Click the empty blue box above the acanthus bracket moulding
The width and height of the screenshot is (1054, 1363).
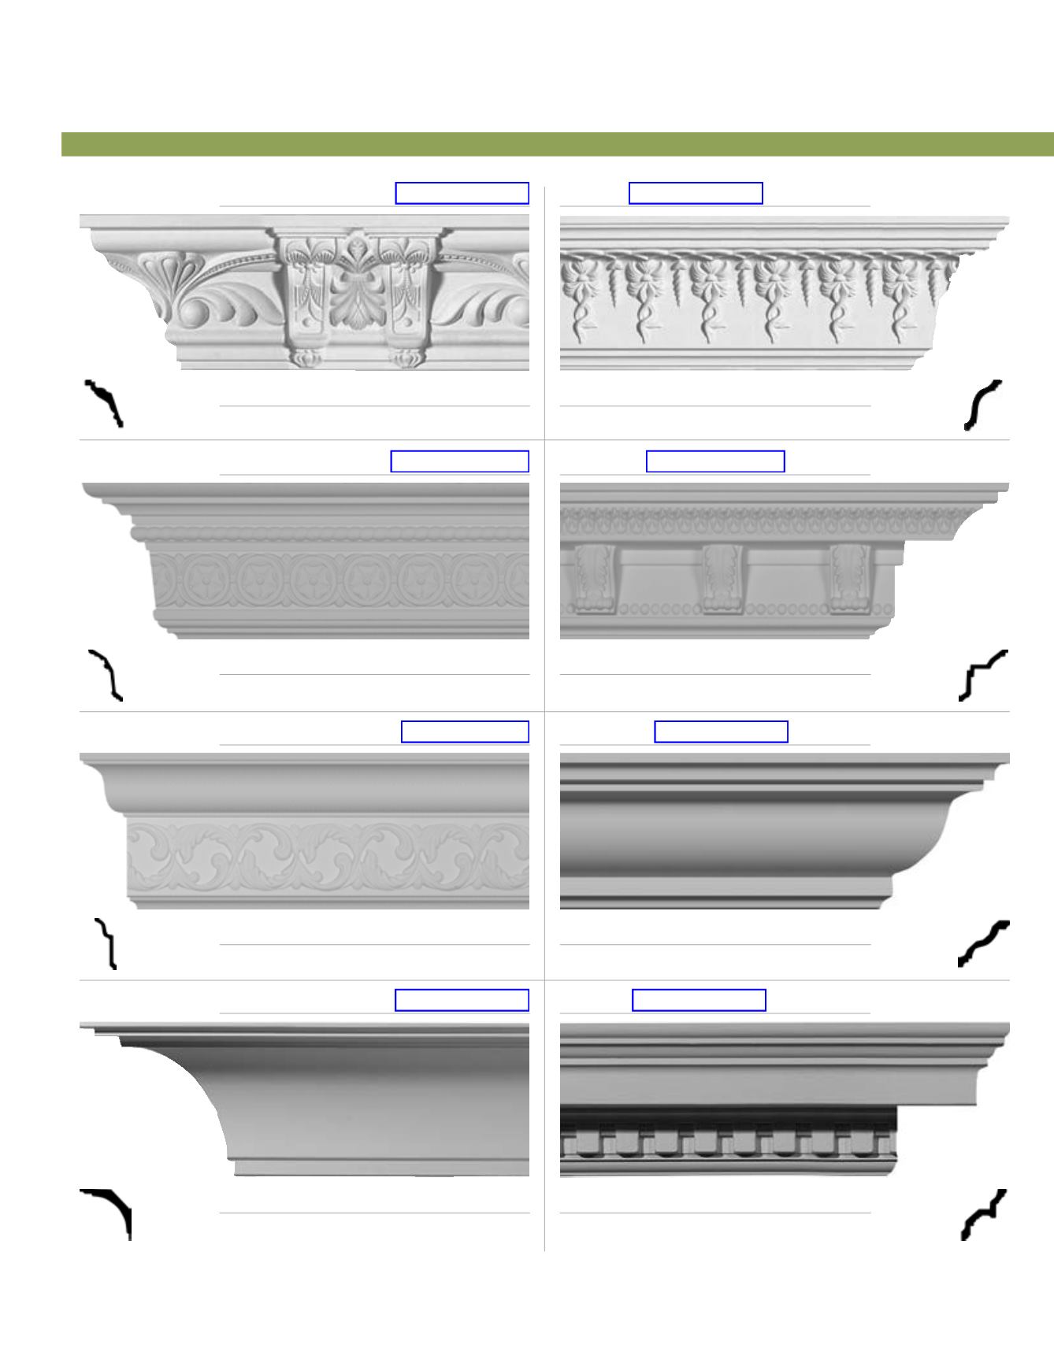coord(462,193)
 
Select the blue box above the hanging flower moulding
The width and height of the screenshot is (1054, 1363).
coord(696,193)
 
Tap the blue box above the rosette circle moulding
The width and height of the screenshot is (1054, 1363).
coord(459,461)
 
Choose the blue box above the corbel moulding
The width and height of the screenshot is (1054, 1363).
coord(715,461)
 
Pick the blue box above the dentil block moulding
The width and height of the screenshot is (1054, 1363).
coord(699,1000)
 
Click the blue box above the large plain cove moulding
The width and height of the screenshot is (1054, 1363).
coord(462,1000)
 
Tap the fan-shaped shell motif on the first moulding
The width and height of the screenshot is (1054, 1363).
coord(161,272)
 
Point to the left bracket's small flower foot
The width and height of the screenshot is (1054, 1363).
coord(303,359)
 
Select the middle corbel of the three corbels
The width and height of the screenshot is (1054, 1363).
coord(724,578)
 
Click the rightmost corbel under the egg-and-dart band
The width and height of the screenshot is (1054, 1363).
coord(851,578)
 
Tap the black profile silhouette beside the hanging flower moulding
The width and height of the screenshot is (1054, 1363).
coord(983,406)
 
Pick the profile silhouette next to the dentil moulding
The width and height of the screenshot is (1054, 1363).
coord(983,1214)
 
